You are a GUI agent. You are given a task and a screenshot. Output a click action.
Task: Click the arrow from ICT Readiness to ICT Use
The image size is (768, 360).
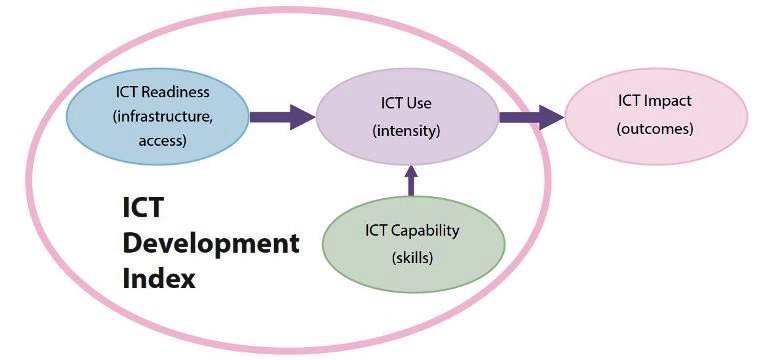tap(282, 117)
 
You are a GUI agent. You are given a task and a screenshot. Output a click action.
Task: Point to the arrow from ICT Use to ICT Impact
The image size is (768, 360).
tap(531, 117)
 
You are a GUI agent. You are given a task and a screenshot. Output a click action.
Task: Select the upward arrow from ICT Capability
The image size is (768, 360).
tap(409, 180)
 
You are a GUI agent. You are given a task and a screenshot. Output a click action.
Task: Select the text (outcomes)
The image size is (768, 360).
tap(655, 129)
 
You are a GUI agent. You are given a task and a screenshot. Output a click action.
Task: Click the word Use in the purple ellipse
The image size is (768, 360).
tap(419, 104)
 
